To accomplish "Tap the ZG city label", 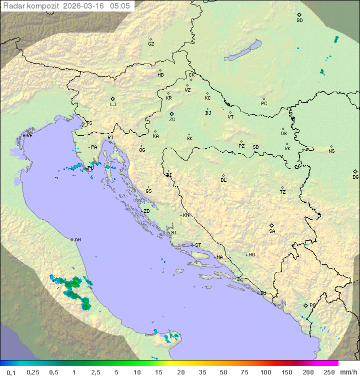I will point(172,120).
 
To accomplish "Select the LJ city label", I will point(113,105).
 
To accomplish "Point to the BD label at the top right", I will point(299,21).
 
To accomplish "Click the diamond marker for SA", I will point(272,225).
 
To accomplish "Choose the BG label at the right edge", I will point(355,177).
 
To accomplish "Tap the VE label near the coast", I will point(29,136).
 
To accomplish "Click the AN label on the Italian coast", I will point(77,240).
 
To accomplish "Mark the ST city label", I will point(198,245).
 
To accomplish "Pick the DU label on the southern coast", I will point(262,293).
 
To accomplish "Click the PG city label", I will point(312,305).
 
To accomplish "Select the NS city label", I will point(331,151).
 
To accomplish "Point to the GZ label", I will point(151,44).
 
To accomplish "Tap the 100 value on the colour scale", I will point(265,372).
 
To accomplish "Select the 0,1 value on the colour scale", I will point(11,372).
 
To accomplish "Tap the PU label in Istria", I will point(90,168).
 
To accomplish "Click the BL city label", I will point(223,180).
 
